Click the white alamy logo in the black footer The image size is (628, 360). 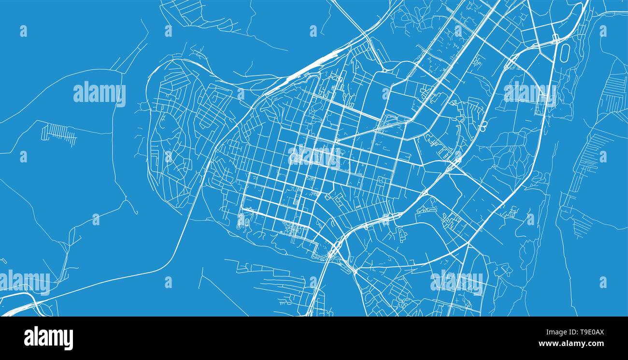coord(48,338)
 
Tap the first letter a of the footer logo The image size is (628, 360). coord(29,339)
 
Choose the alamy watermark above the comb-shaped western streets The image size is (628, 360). coord(100,94)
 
